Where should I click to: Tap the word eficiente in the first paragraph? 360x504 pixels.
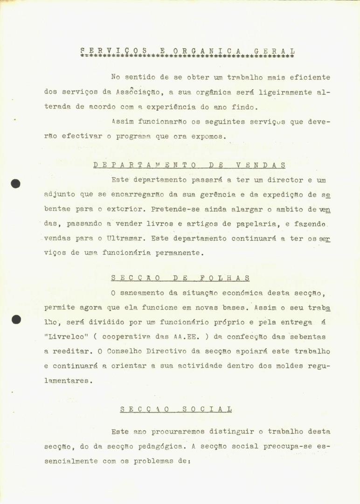pyautogui.click(x=308, y=77)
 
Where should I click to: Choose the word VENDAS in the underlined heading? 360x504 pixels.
pyautogui.click(x=261, y=165)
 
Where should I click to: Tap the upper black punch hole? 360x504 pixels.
pyautogui.click(x=15, y=183)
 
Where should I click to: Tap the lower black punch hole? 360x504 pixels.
pyautogui.click(x=16, y=320)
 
